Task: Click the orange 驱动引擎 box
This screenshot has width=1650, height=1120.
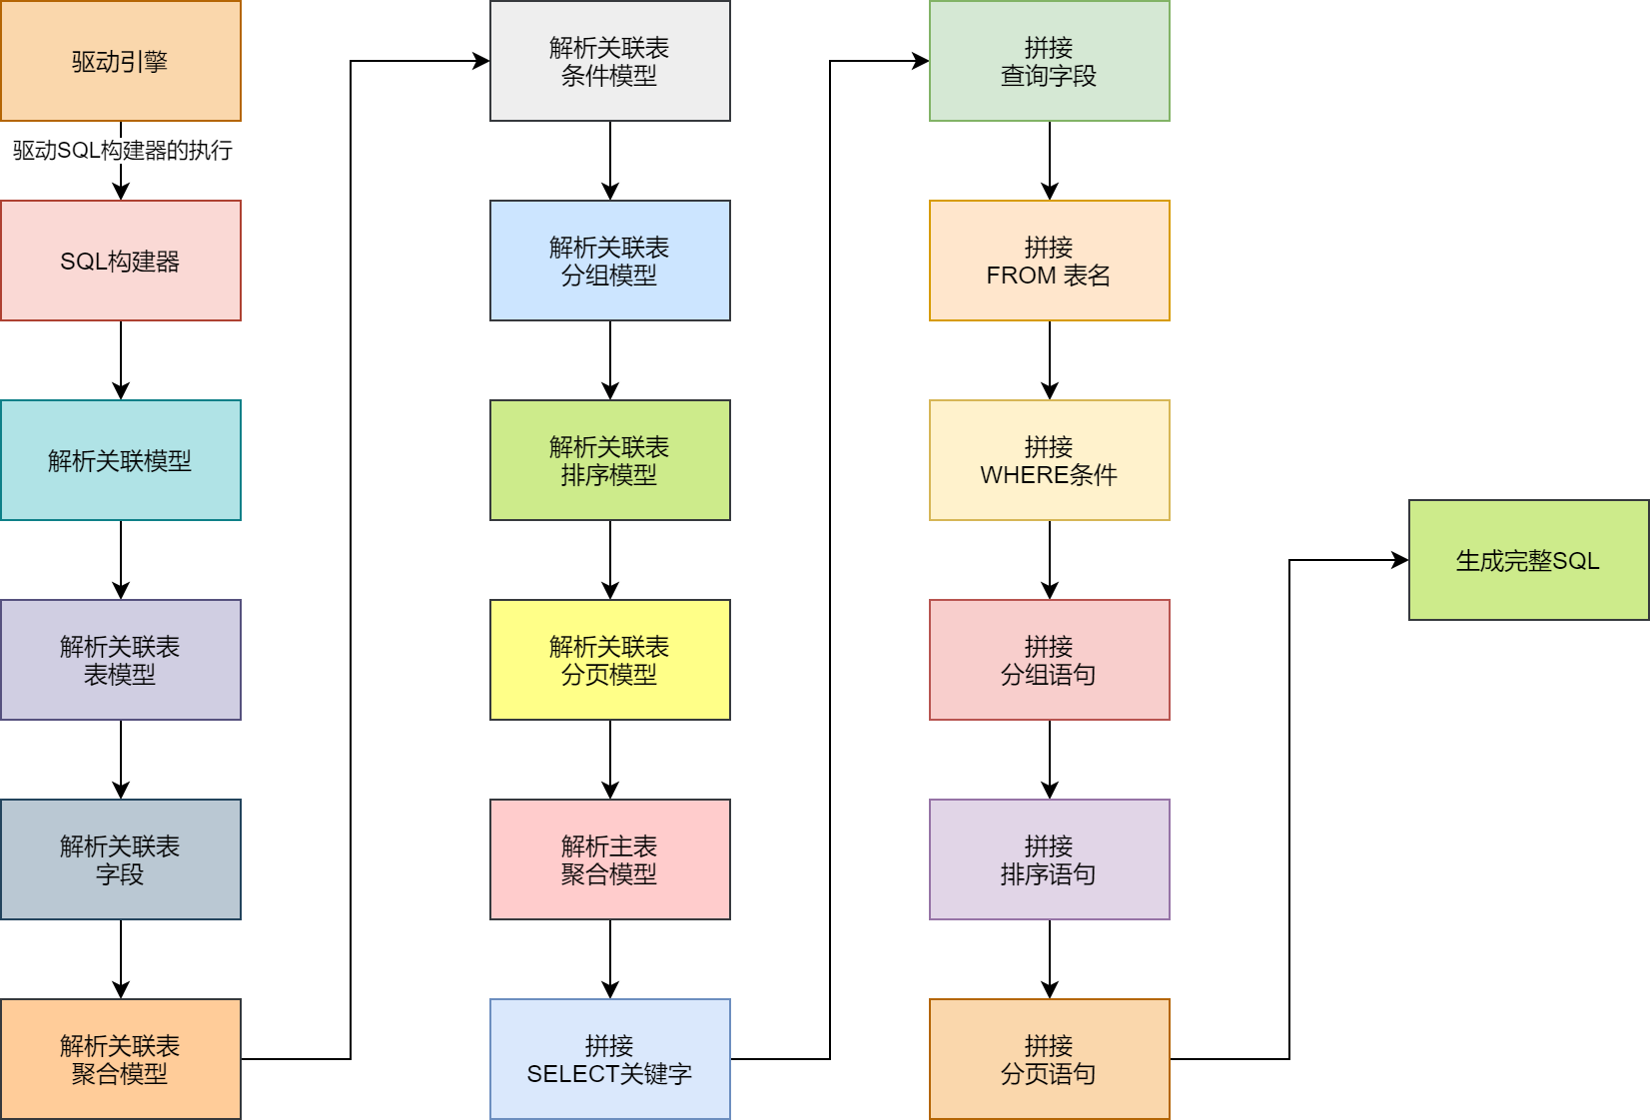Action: [121, 61]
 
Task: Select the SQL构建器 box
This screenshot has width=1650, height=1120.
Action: [121, 261]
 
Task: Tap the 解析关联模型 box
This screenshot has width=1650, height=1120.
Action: [121, 460]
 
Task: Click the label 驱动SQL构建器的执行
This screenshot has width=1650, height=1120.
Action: [122, 151]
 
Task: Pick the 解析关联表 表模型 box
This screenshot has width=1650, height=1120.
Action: [121, 660]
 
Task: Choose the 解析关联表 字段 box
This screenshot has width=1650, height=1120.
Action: [121, 859]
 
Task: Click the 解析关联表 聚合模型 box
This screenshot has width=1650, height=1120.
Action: [121, 1059]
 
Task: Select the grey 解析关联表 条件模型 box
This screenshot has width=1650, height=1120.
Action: [610, 61]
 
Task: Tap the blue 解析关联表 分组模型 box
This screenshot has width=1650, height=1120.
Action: [610, 261]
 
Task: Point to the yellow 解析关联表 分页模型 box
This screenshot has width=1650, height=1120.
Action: [610, 660]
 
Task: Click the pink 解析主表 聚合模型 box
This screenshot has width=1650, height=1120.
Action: [610, 859]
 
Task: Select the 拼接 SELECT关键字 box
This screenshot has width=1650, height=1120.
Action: [610, 1059]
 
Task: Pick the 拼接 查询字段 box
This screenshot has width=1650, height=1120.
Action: [1050, 61]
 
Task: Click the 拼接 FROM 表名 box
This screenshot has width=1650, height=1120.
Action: [1050, 261]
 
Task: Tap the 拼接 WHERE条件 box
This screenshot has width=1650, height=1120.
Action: [1050, 460]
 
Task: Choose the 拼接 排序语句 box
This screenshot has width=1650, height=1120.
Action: [1050, 859]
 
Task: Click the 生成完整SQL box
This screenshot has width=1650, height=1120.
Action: [1529, 560]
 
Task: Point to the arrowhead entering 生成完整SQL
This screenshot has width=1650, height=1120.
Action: [1401, 560]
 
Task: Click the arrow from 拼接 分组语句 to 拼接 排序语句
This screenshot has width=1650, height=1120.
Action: [1050, 759]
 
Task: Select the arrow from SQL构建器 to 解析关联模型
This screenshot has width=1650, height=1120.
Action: [121, 359]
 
